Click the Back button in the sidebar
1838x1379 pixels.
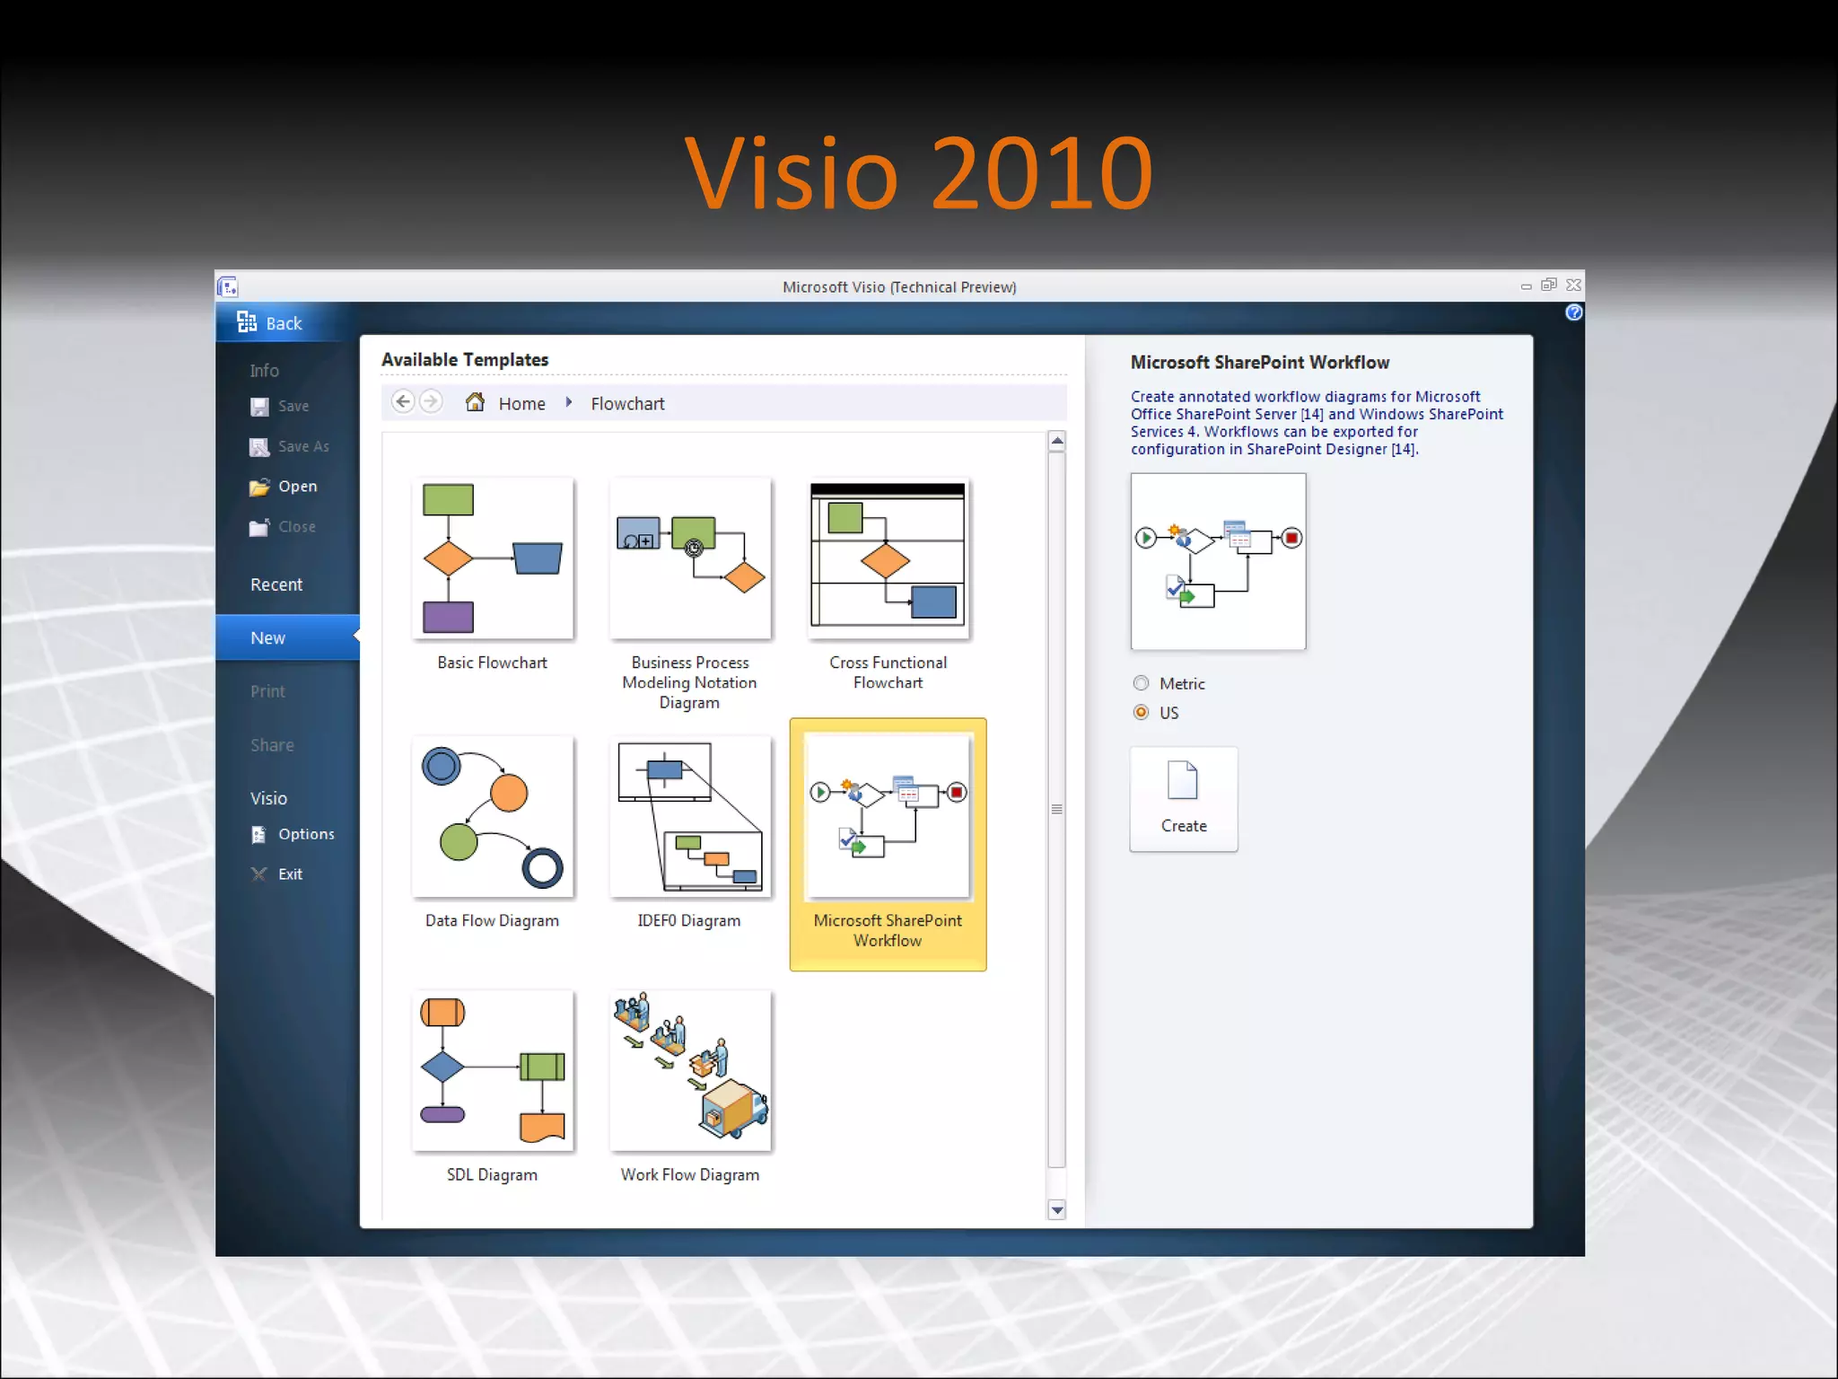pyautogui.click(x=270, y=323)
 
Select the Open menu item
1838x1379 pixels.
pyautogui.click(x=296, y=487)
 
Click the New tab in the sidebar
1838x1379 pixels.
pyautogui.click(x=268, y=638)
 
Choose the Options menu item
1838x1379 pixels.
pyautogui.click(x=305, y=834)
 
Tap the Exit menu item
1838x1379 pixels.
pyautogui.click(x=289, y=874)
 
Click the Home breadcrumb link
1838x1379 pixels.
pyautogui.click(x=521, y=404)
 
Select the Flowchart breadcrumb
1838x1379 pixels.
pyautogui.click(x=627, y=404)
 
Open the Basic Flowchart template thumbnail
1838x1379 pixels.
pyautogui.click(x=493, y=558)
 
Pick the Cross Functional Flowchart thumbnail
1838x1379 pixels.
pyautogui.click(x=888, y=558)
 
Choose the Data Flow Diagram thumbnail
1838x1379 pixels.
pyautogui.click(x=493, y=816)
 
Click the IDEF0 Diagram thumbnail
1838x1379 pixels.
pyautogui.click(x=690, y=816)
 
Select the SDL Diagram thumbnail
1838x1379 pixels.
pyautogui.click(x=493, y=1070)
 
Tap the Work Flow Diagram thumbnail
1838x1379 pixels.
pyautogui.click(x=690, y=1070)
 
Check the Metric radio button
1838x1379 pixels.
pyautogui.click(x=1141, y=683)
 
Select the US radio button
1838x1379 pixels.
pyautogui.click(x=1141, y=712)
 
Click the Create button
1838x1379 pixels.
pyautogui.click(x=1184, y=799)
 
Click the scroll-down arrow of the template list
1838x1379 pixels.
pyautogui.click(x=1057, y=1210)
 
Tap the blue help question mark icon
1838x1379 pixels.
pyautogui.click(x=1574, y=312)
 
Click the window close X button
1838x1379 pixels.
pyautogui.click(x=1573, y=285)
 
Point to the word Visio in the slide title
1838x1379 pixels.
pyautogui.click(x=791, y=172)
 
